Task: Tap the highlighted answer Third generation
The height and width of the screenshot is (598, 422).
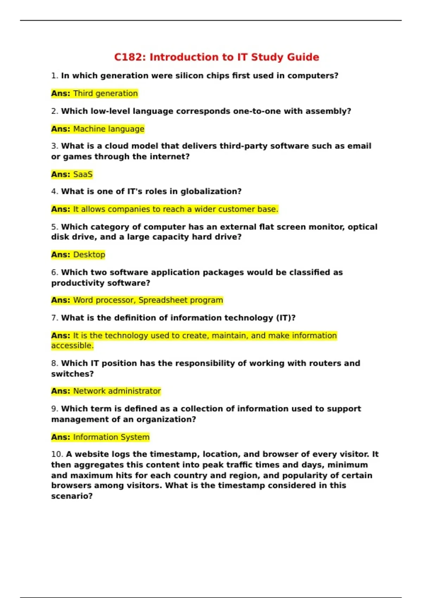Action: tap(105, 94)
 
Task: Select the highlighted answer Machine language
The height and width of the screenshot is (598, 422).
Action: tap(109, 129)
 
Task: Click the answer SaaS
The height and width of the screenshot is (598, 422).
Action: tap(83, 174)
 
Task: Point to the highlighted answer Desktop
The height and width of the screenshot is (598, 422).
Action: tap(89, 255)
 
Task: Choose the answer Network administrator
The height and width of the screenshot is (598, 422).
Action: tap(117, 391)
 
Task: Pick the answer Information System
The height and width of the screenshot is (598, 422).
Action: tap(111, 437)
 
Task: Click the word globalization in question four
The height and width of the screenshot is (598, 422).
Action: tap(211, 191)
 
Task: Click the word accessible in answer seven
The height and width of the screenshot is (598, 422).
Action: tap(72, 346)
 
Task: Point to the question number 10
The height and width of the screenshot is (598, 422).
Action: tap(57, 454)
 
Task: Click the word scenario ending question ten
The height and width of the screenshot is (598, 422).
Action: tap(71, 496)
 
